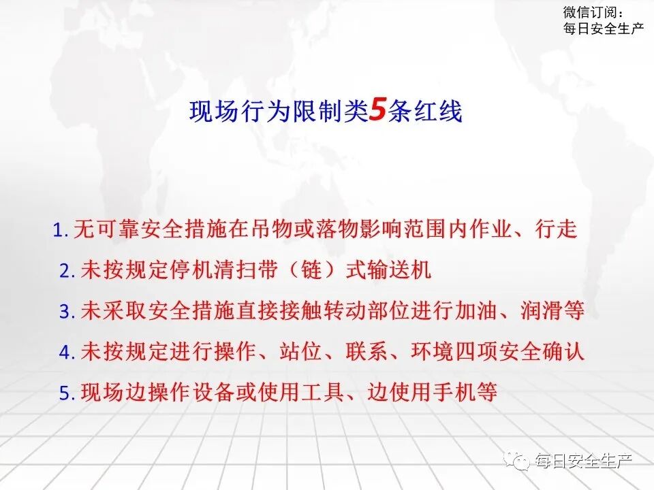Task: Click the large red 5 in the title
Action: (377, 110)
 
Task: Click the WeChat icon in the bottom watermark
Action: (522, 461)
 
